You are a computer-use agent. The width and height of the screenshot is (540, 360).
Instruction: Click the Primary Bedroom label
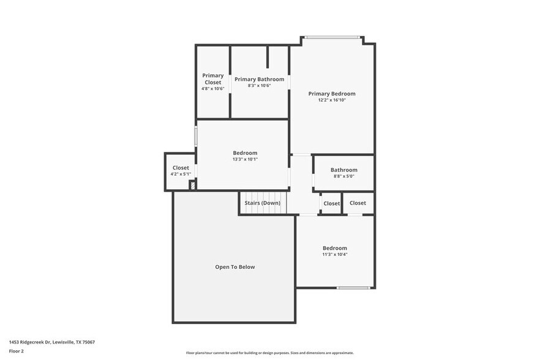(x=331, y=94)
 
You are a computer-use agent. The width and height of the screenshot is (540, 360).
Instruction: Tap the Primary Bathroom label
(x=259, y=79)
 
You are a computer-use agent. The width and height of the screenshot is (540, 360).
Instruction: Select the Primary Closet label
(x=213, y=79)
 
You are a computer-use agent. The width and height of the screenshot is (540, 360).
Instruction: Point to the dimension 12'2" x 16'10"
(x=332, y=100)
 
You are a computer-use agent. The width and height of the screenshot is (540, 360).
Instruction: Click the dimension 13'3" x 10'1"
(x=245, y=159)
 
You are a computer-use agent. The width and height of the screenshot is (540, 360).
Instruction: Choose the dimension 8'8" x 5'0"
(x=343, y=176)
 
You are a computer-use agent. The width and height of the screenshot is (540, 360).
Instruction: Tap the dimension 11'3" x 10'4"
(x=335, y=255)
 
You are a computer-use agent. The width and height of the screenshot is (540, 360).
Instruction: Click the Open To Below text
(x=234, y=267)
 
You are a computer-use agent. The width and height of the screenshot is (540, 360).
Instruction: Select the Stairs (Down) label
(x=262, y=203)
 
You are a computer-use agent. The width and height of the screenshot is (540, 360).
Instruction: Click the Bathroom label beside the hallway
(x=343, y=170)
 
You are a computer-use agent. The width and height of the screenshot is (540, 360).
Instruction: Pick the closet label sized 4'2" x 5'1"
(x=181, y=168)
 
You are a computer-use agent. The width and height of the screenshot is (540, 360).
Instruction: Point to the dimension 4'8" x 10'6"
(x=213, y=89)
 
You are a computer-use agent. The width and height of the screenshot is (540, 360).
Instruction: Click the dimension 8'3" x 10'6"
(x=259, y=86)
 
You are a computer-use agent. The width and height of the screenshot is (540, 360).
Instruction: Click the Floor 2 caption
(x=17, y=351)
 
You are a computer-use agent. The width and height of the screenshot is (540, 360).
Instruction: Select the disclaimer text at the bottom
(x=269, y=353)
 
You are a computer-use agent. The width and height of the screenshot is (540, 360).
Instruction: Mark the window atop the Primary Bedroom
(x=332, y=38)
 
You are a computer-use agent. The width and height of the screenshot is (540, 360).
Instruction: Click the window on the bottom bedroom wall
(x=353, y=288)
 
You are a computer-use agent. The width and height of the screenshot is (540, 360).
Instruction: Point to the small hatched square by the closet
(x=192, y=185)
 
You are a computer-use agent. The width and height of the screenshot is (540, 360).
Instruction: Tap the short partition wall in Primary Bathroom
(x=268, y=57)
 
